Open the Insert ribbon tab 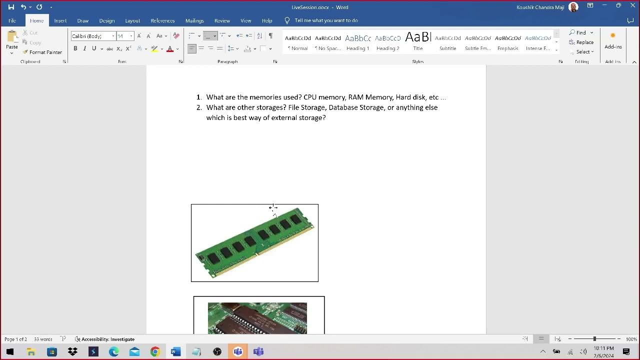(x=60, y=20)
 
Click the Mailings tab (x=194, y=20)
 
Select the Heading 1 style (x=357, y=42)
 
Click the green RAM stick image (x=254, y=243)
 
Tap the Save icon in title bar (x=11, y=7)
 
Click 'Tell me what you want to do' (x=326, y=20)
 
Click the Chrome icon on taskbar (x=155, y=351)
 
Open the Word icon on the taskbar (x=175, y=351)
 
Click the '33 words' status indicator (x=43, y=339)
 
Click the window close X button (x=632, y=5)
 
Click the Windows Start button (x=10, y=351)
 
